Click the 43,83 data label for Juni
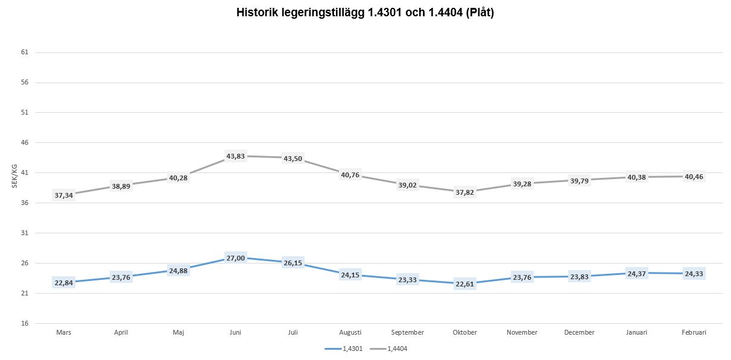[x=236, y=156]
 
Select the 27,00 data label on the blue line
[x=236, y=258]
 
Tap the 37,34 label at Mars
[x=64, y=195]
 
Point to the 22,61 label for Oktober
[x=465, y=284]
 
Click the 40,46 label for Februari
[x=694, y=177]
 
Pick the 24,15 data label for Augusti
[x=350, y=275]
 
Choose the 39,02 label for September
[x=408, y=185]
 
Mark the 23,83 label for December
[x=580, y=277]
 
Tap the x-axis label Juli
[x=293, y=332]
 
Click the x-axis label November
[x=522, y=332]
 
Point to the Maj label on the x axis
[x=179, y=332]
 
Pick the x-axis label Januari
[x=637, y=332]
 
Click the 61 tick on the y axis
[x=25, y=52]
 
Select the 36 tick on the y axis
[x=25, y=203]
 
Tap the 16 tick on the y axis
[x=25, y=324]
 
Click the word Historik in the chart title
[x=258, y=13]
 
